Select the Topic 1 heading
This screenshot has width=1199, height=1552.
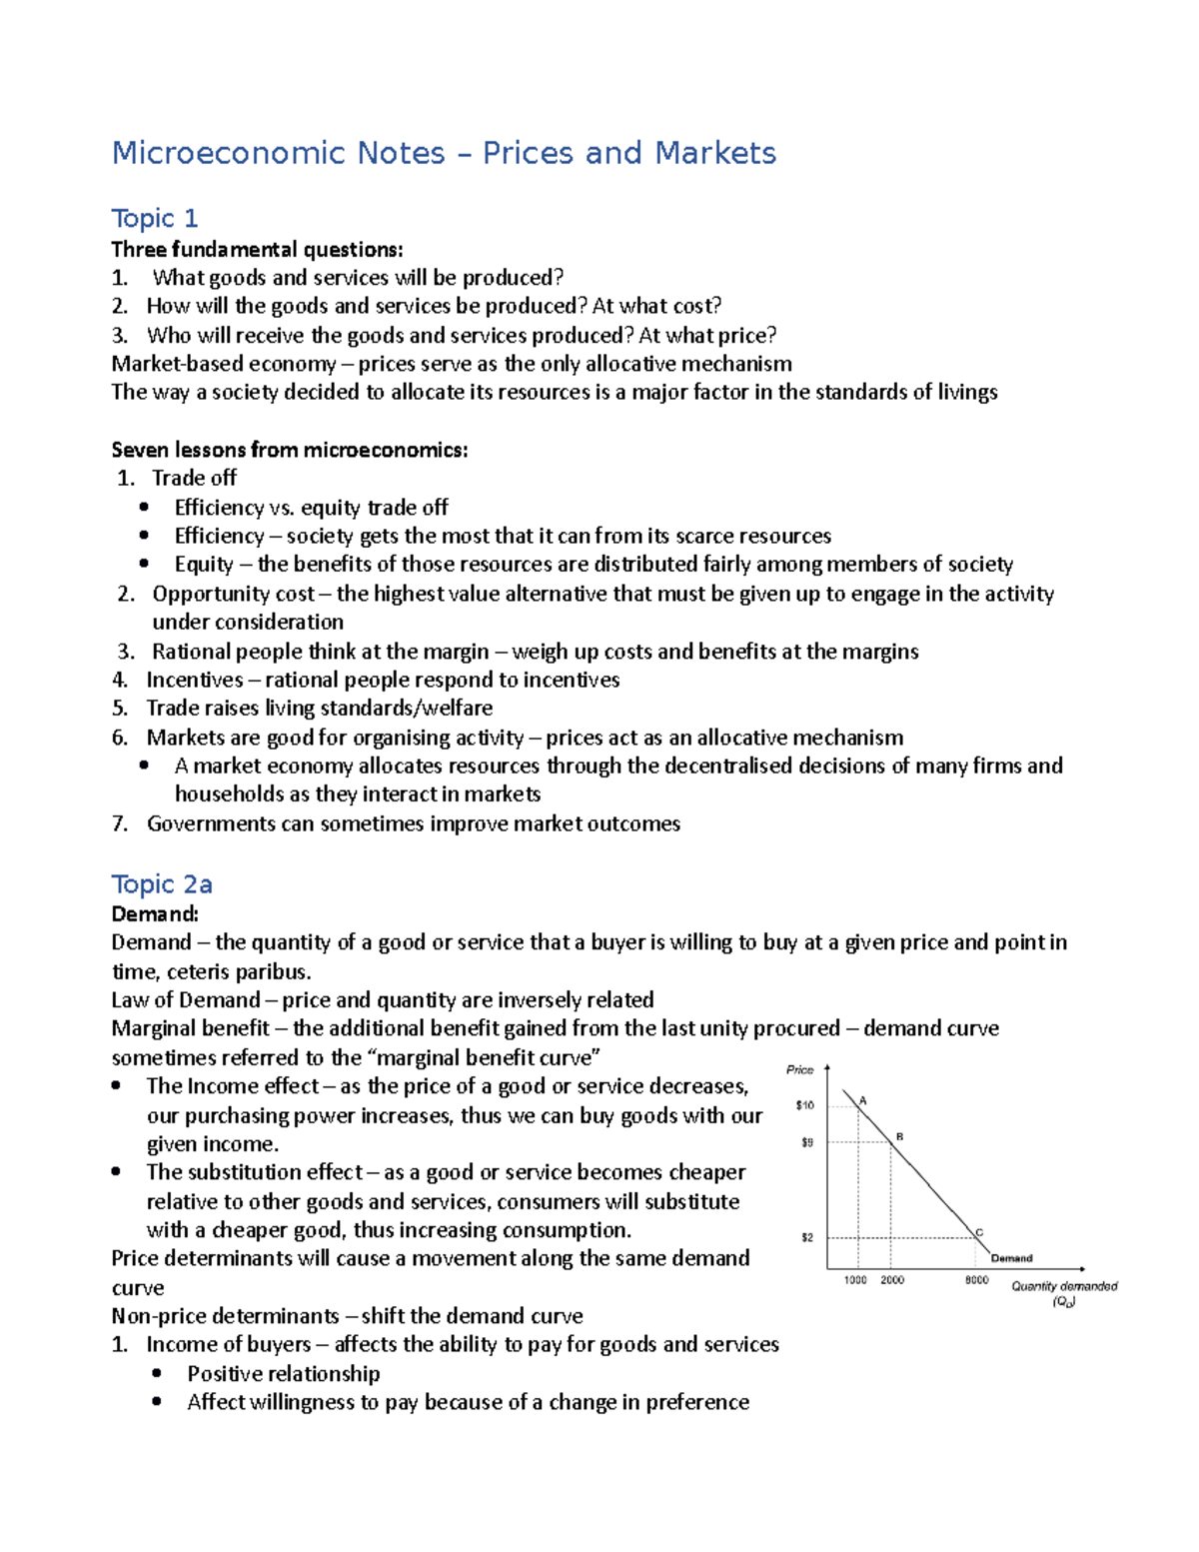155,218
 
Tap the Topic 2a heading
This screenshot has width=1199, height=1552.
162,884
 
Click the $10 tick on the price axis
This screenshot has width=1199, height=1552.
805,1105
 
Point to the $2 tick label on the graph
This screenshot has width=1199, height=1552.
807,1237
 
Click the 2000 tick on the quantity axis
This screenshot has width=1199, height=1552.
892,1280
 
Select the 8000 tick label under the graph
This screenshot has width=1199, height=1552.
976,1280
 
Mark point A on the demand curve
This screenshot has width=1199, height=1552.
862,1101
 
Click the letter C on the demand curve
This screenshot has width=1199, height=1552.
979,1232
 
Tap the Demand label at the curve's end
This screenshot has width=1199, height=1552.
1011,1258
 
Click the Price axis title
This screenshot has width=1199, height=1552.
800,1069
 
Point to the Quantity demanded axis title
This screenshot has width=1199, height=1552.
1064,1287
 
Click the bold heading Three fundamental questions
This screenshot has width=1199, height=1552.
257,249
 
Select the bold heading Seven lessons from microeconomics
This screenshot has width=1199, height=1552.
289,450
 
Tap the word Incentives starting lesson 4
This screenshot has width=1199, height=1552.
195,680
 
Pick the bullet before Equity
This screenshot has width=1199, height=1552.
145,564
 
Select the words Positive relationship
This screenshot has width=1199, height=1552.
284,1373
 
